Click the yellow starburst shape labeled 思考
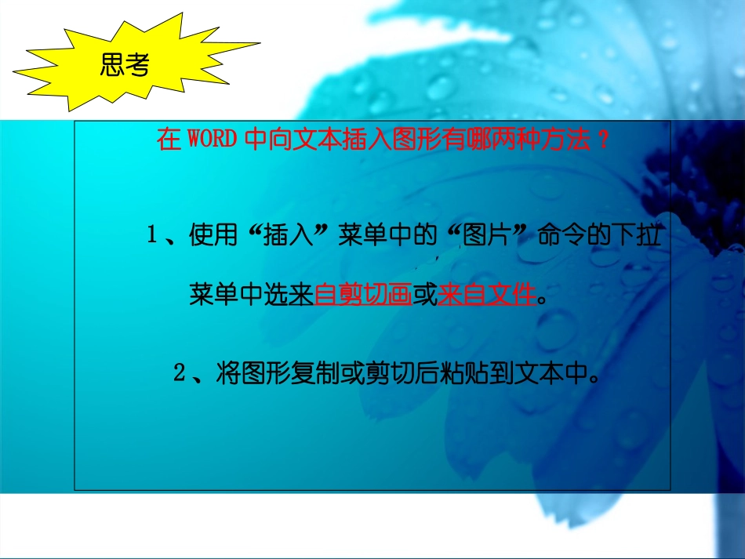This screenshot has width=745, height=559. click(x=125, y=66)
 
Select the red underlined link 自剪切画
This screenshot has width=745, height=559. click(x=363, y=296)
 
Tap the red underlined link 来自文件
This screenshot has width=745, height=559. click(x=487, y=296)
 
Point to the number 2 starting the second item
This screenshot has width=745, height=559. click(x=179, y=373)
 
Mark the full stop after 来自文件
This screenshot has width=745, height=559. click(x=544, y=299)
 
